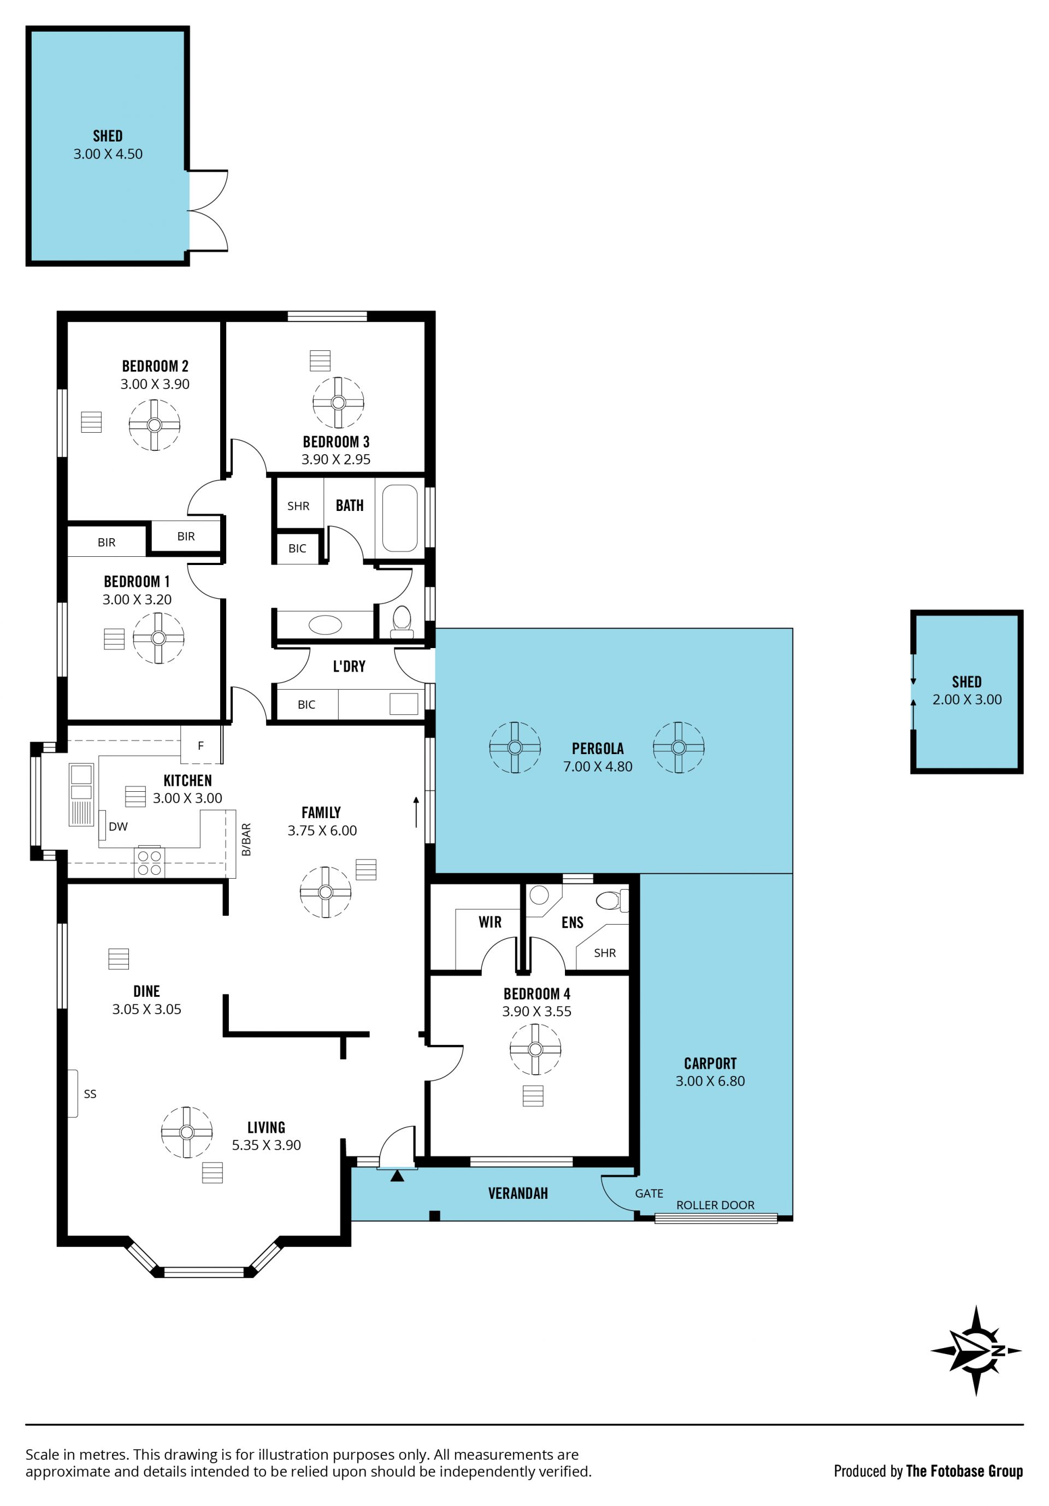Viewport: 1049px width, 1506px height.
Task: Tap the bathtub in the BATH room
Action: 399,518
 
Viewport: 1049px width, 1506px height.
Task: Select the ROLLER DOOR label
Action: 715,1205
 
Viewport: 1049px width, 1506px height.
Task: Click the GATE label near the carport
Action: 649,1193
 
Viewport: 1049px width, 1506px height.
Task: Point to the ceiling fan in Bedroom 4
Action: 535,1049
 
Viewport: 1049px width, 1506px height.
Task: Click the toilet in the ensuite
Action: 611,900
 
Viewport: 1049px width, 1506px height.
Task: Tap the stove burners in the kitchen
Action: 150,862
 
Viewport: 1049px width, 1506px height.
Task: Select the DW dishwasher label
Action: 118,826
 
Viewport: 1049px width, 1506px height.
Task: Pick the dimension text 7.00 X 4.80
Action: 598,766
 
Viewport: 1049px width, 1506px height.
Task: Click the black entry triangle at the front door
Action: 397,1175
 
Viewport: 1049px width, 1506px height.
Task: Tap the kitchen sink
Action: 81,795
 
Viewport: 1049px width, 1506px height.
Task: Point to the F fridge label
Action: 201,745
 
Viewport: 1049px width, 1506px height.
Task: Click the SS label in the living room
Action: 90,1093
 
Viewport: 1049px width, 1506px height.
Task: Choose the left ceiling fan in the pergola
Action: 515,747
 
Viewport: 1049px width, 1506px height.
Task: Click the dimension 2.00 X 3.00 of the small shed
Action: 967,699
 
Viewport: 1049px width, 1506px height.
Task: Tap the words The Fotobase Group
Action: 964,1471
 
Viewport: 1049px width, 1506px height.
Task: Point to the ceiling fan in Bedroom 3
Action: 338,403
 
